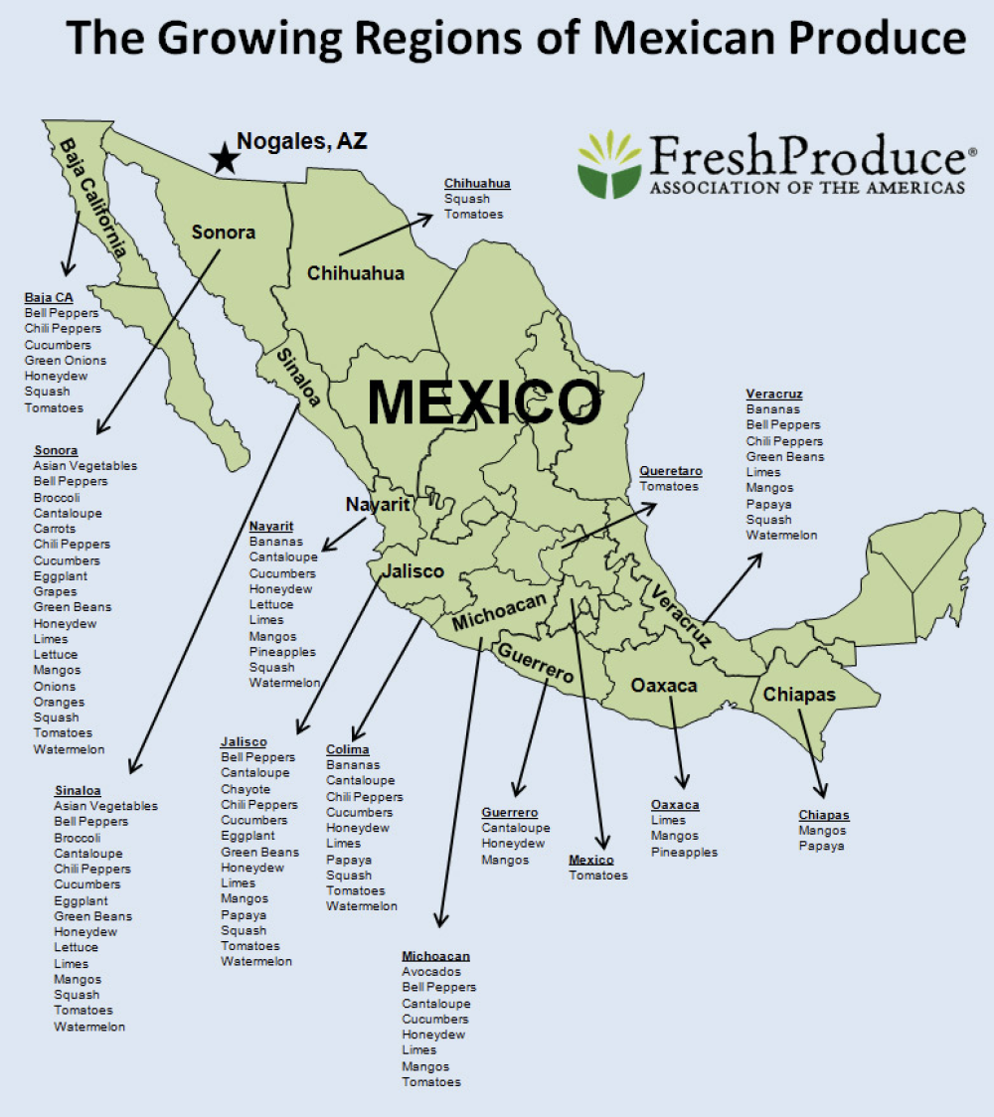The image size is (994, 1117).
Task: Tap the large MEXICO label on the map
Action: click(484, 402)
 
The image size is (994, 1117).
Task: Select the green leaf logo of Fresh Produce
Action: click(609, 164)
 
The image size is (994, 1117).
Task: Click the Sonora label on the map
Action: click(224, 233)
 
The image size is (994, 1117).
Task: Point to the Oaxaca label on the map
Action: click(664, 685)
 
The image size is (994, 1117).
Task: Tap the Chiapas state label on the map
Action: click(799, 695)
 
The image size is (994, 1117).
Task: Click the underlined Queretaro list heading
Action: click(671, 470)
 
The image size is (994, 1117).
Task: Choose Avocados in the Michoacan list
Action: click(431, 972)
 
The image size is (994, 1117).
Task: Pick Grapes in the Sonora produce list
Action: click(55, 591)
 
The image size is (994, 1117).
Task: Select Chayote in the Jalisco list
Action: click(246, 789)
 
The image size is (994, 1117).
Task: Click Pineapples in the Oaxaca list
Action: click(684, 852)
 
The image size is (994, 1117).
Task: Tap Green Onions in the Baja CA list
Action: click(66, 361)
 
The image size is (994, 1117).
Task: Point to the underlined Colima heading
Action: click(347, 749)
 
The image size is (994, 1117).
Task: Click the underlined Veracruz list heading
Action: click(774, 394)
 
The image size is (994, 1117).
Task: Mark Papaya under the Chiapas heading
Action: click(821, 846)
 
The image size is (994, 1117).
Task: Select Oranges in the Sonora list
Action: click(59, 702)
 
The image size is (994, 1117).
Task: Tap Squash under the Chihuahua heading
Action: click(466, 199)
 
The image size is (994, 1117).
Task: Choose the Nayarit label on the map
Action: click(378, 505)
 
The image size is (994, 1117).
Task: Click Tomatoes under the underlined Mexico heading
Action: click(597, 876)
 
